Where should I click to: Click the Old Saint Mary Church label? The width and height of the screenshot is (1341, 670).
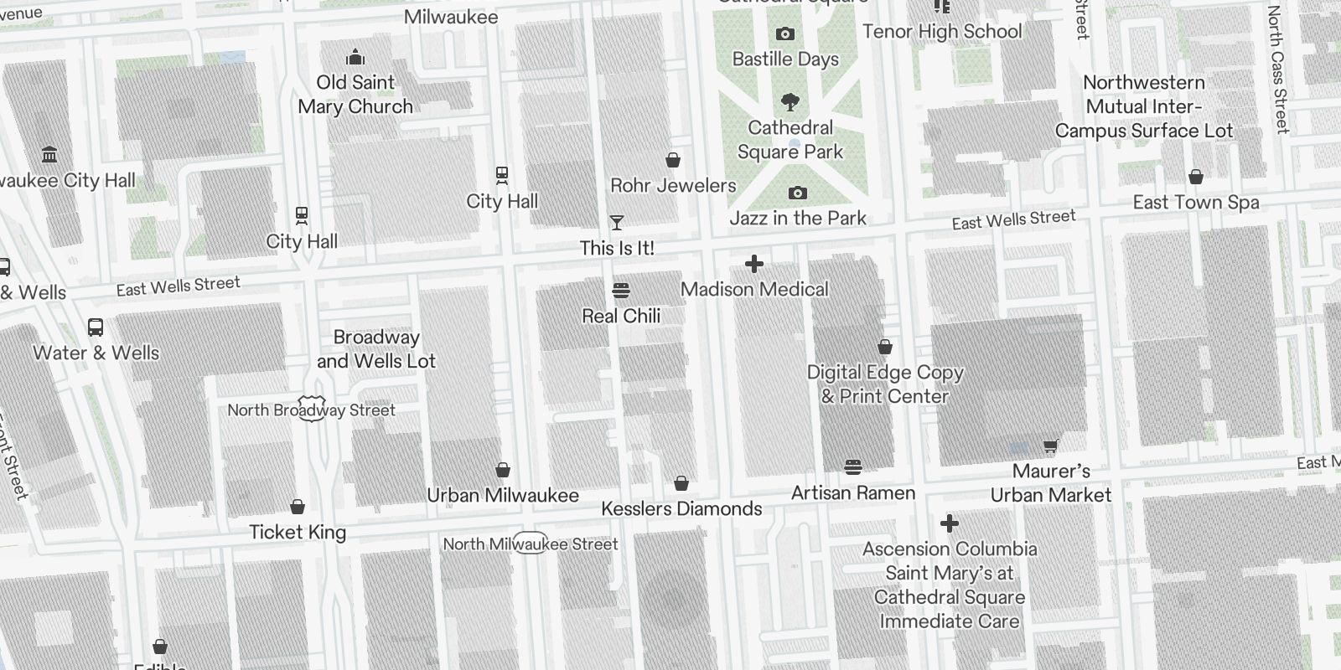coord(355,95)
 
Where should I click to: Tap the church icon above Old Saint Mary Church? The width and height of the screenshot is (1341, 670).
coord(355,57)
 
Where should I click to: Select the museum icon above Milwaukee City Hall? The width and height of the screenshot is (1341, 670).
coord(49,155)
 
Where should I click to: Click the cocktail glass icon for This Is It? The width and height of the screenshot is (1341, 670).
coord(617,222)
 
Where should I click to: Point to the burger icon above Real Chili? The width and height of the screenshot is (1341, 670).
coord(621,291)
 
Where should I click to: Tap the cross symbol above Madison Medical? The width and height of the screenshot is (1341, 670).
coord(754,264)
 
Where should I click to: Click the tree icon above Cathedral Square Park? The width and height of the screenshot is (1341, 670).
coord(790,102)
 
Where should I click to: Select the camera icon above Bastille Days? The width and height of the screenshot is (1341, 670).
coord(785,33)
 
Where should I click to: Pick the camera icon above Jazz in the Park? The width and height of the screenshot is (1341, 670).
coord(798,193)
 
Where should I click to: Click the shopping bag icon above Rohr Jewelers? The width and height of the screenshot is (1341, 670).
coord(672,160)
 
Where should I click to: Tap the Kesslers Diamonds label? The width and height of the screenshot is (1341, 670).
coord(681,508)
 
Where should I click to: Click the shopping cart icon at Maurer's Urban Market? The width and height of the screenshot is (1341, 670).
coord(1050,446)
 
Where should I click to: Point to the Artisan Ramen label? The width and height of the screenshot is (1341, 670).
coord(853,493)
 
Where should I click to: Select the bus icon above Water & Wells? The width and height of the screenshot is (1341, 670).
coord(96,327)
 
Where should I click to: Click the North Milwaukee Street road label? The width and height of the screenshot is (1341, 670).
coord(531,544)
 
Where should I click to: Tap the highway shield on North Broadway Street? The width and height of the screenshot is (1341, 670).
coord(312,409)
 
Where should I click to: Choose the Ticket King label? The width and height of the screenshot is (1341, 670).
coord(298,532)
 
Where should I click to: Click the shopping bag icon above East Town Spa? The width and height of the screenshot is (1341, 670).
coord(1196,177)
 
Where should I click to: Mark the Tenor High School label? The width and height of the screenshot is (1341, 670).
coord(942,32)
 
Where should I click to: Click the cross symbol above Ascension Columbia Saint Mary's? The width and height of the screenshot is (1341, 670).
coord(950,524)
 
